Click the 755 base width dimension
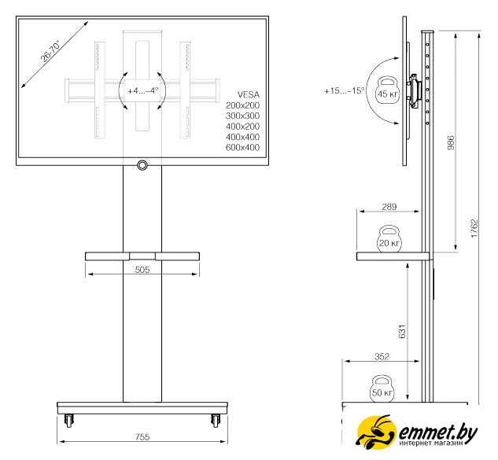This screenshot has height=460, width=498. point(142,437)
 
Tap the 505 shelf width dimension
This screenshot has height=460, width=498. point(142,270)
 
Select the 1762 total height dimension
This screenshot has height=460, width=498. point(474,228)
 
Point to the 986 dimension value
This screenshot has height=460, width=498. point(451,142)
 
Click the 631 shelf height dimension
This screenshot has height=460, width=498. point(402,331)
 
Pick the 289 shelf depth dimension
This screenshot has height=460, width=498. point(389,207)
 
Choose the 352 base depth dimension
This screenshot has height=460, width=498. point(382,356)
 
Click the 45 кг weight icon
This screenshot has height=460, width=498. point(388,89)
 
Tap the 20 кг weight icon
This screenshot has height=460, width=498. point(389,239)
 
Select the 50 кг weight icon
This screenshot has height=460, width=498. point(382,389)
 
